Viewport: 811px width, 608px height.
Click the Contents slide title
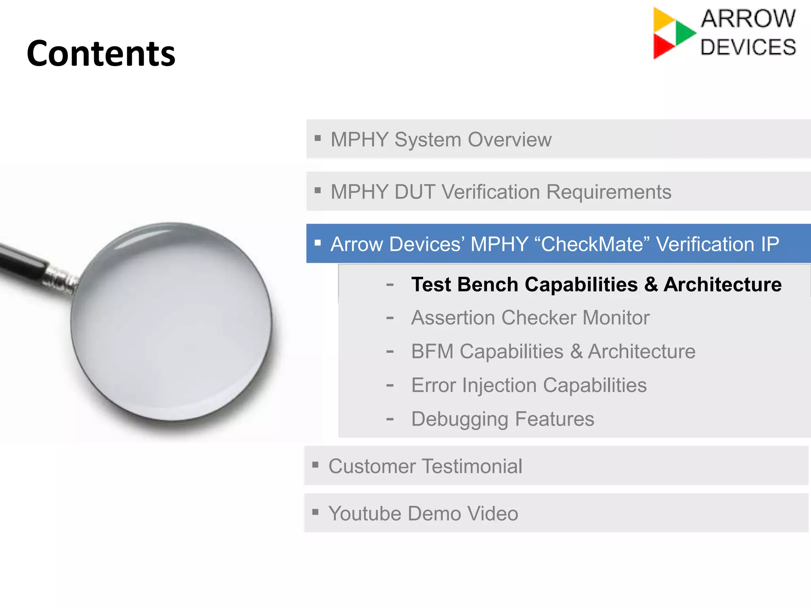[101, 53]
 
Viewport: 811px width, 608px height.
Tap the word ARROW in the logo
[748, 19]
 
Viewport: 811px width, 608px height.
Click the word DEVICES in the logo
[748, 47]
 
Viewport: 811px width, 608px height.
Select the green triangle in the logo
[685, 32]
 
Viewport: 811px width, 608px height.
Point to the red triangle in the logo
[662, 46]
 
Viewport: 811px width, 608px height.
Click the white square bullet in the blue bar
[318, 243]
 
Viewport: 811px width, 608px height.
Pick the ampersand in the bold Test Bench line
[651, 285]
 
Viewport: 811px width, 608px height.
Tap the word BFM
[432, 351]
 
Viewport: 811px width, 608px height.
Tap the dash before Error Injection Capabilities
[390, 385]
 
